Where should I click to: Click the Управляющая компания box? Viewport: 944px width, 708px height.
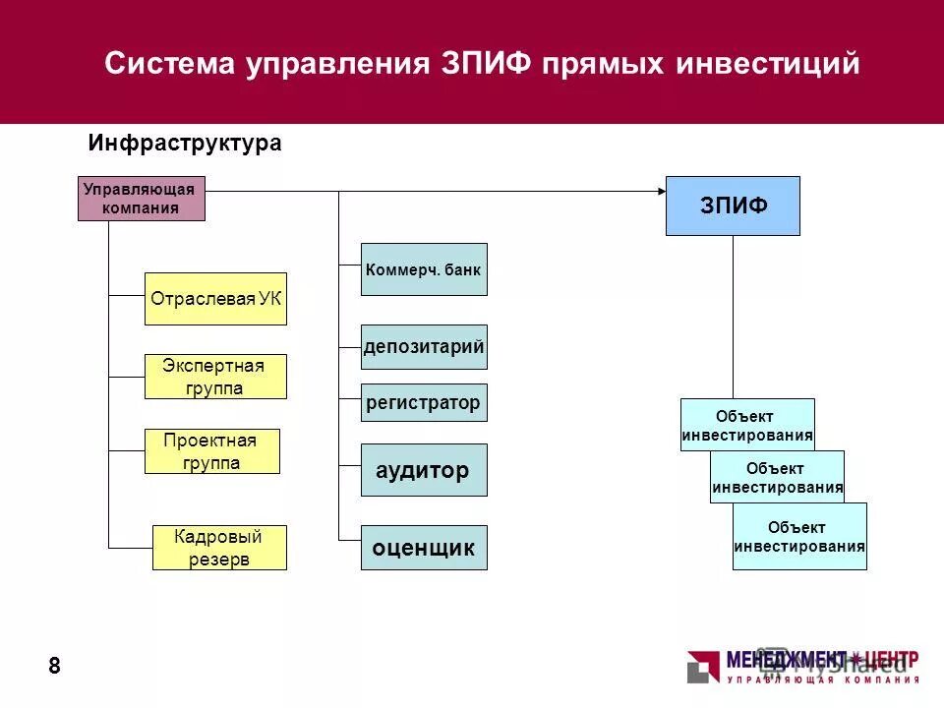click(142, 199)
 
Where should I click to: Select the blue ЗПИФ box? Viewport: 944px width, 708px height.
click(733, 206)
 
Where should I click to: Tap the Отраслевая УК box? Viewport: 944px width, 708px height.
click(215, 299)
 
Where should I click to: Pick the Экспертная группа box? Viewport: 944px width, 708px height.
click(215, 377)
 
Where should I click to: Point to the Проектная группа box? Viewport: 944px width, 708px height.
click(212, 451)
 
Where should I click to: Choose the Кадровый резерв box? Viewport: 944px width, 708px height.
click(219, 548)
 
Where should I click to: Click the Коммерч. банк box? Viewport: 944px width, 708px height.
click(424, 268)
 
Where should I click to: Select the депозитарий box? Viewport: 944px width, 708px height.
click(424, 347)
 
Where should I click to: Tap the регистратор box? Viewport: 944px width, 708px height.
click(424, 402)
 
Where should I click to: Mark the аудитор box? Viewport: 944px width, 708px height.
click(424, 471)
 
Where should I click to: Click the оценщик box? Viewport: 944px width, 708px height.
click(424, 548)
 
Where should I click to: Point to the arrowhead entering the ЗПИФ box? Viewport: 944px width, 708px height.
click(660, 190)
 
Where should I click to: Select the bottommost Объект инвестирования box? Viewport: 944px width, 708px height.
click(799, 536)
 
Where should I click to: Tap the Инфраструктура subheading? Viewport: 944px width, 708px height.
click(185, 144)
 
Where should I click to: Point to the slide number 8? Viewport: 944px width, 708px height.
click(54, 667)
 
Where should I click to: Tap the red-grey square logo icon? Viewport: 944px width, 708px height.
click(703, 666)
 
